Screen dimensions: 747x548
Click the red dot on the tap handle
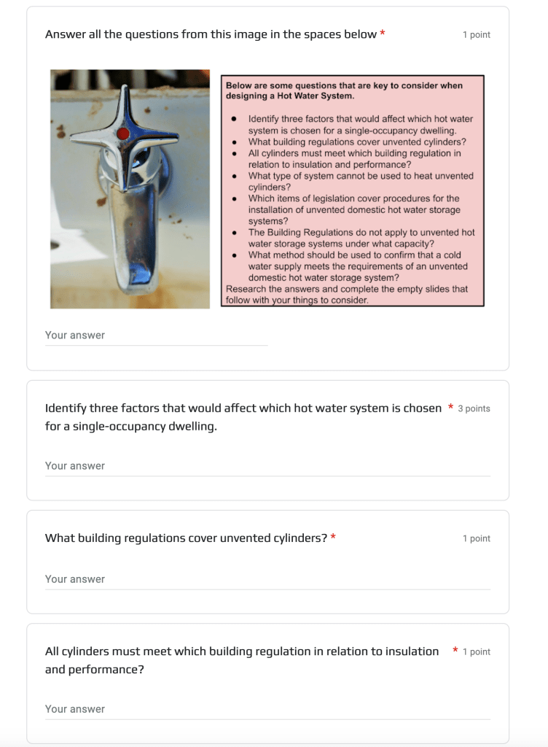123,133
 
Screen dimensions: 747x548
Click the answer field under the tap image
156,336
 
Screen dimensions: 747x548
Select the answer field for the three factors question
267,466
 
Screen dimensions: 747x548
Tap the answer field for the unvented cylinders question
267,579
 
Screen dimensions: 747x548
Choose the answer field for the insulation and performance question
267,709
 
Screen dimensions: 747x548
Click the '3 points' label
474,409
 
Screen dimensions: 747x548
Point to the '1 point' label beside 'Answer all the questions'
477,35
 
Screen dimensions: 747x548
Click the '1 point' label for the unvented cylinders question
477,538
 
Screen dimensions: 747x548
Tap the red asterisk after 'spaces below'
383,34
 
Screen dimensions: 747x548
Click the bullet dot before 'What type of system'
233,176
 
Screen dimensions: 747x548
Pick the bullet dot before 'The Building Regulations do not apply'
233,233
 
